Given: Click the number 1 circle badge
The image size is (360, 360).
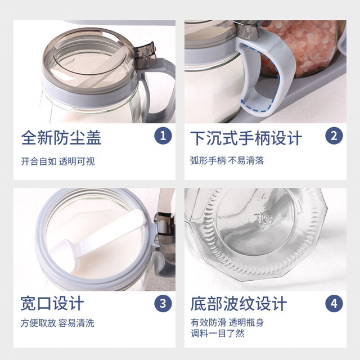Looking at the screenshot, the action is (163, 136).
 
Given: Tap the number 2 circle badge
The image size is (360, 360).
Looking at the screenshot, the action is (334, 136).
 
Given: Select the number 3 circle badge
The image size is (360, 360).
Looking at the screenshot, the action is (163, 304).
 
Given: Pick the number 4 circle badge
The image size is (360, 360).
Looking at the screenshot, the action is (334, 304).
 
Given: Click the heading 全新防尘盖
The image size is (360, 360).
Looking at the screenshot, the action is (61, 138).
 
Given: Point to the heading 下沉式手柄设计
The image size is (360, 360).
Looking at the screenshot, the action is (246, 138).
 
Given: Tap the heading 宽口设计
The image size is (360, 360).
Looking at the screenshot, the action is (52, 304).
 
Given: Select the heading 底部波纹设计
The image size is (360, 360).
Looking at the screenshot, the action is (238, 304).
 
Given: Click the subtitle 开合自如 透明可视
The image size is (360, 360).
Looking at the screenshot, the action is (58, 161).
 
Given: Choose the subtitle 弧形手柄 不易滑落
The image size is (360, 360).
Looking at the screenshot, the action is (227, 160).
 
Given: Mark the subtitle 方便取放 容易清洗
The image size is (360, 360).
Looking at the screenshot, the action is (57, 323).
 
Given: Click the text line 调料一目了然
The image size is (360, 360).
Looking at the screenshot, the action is (218, 333).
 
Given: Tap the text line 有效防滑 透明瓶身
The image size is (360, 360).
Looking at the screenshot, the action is (227, 322).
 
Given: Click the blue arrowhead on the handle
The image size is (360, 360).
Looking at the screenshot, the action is (243, 101).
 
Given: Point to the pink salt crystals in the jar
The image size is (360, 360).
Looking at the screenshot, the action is (303, 46).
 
